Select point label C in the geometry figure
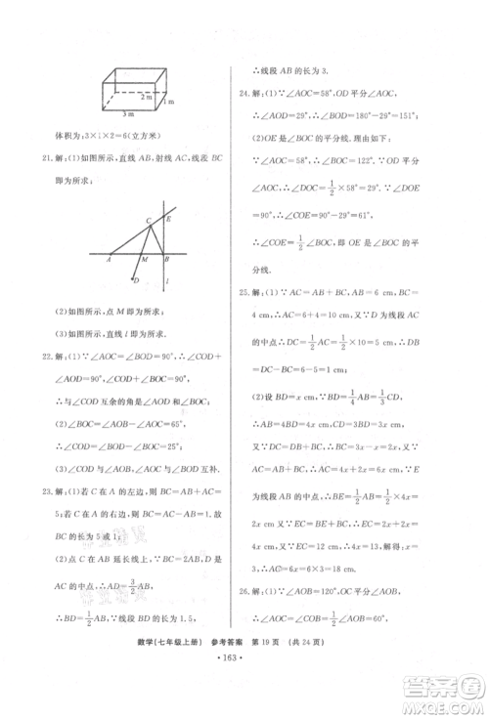coord(149,221)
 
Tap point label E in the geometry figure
coord(168,219)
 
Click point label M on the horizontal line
coord(143,262)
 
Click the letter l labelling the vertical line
coord(169,283)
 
